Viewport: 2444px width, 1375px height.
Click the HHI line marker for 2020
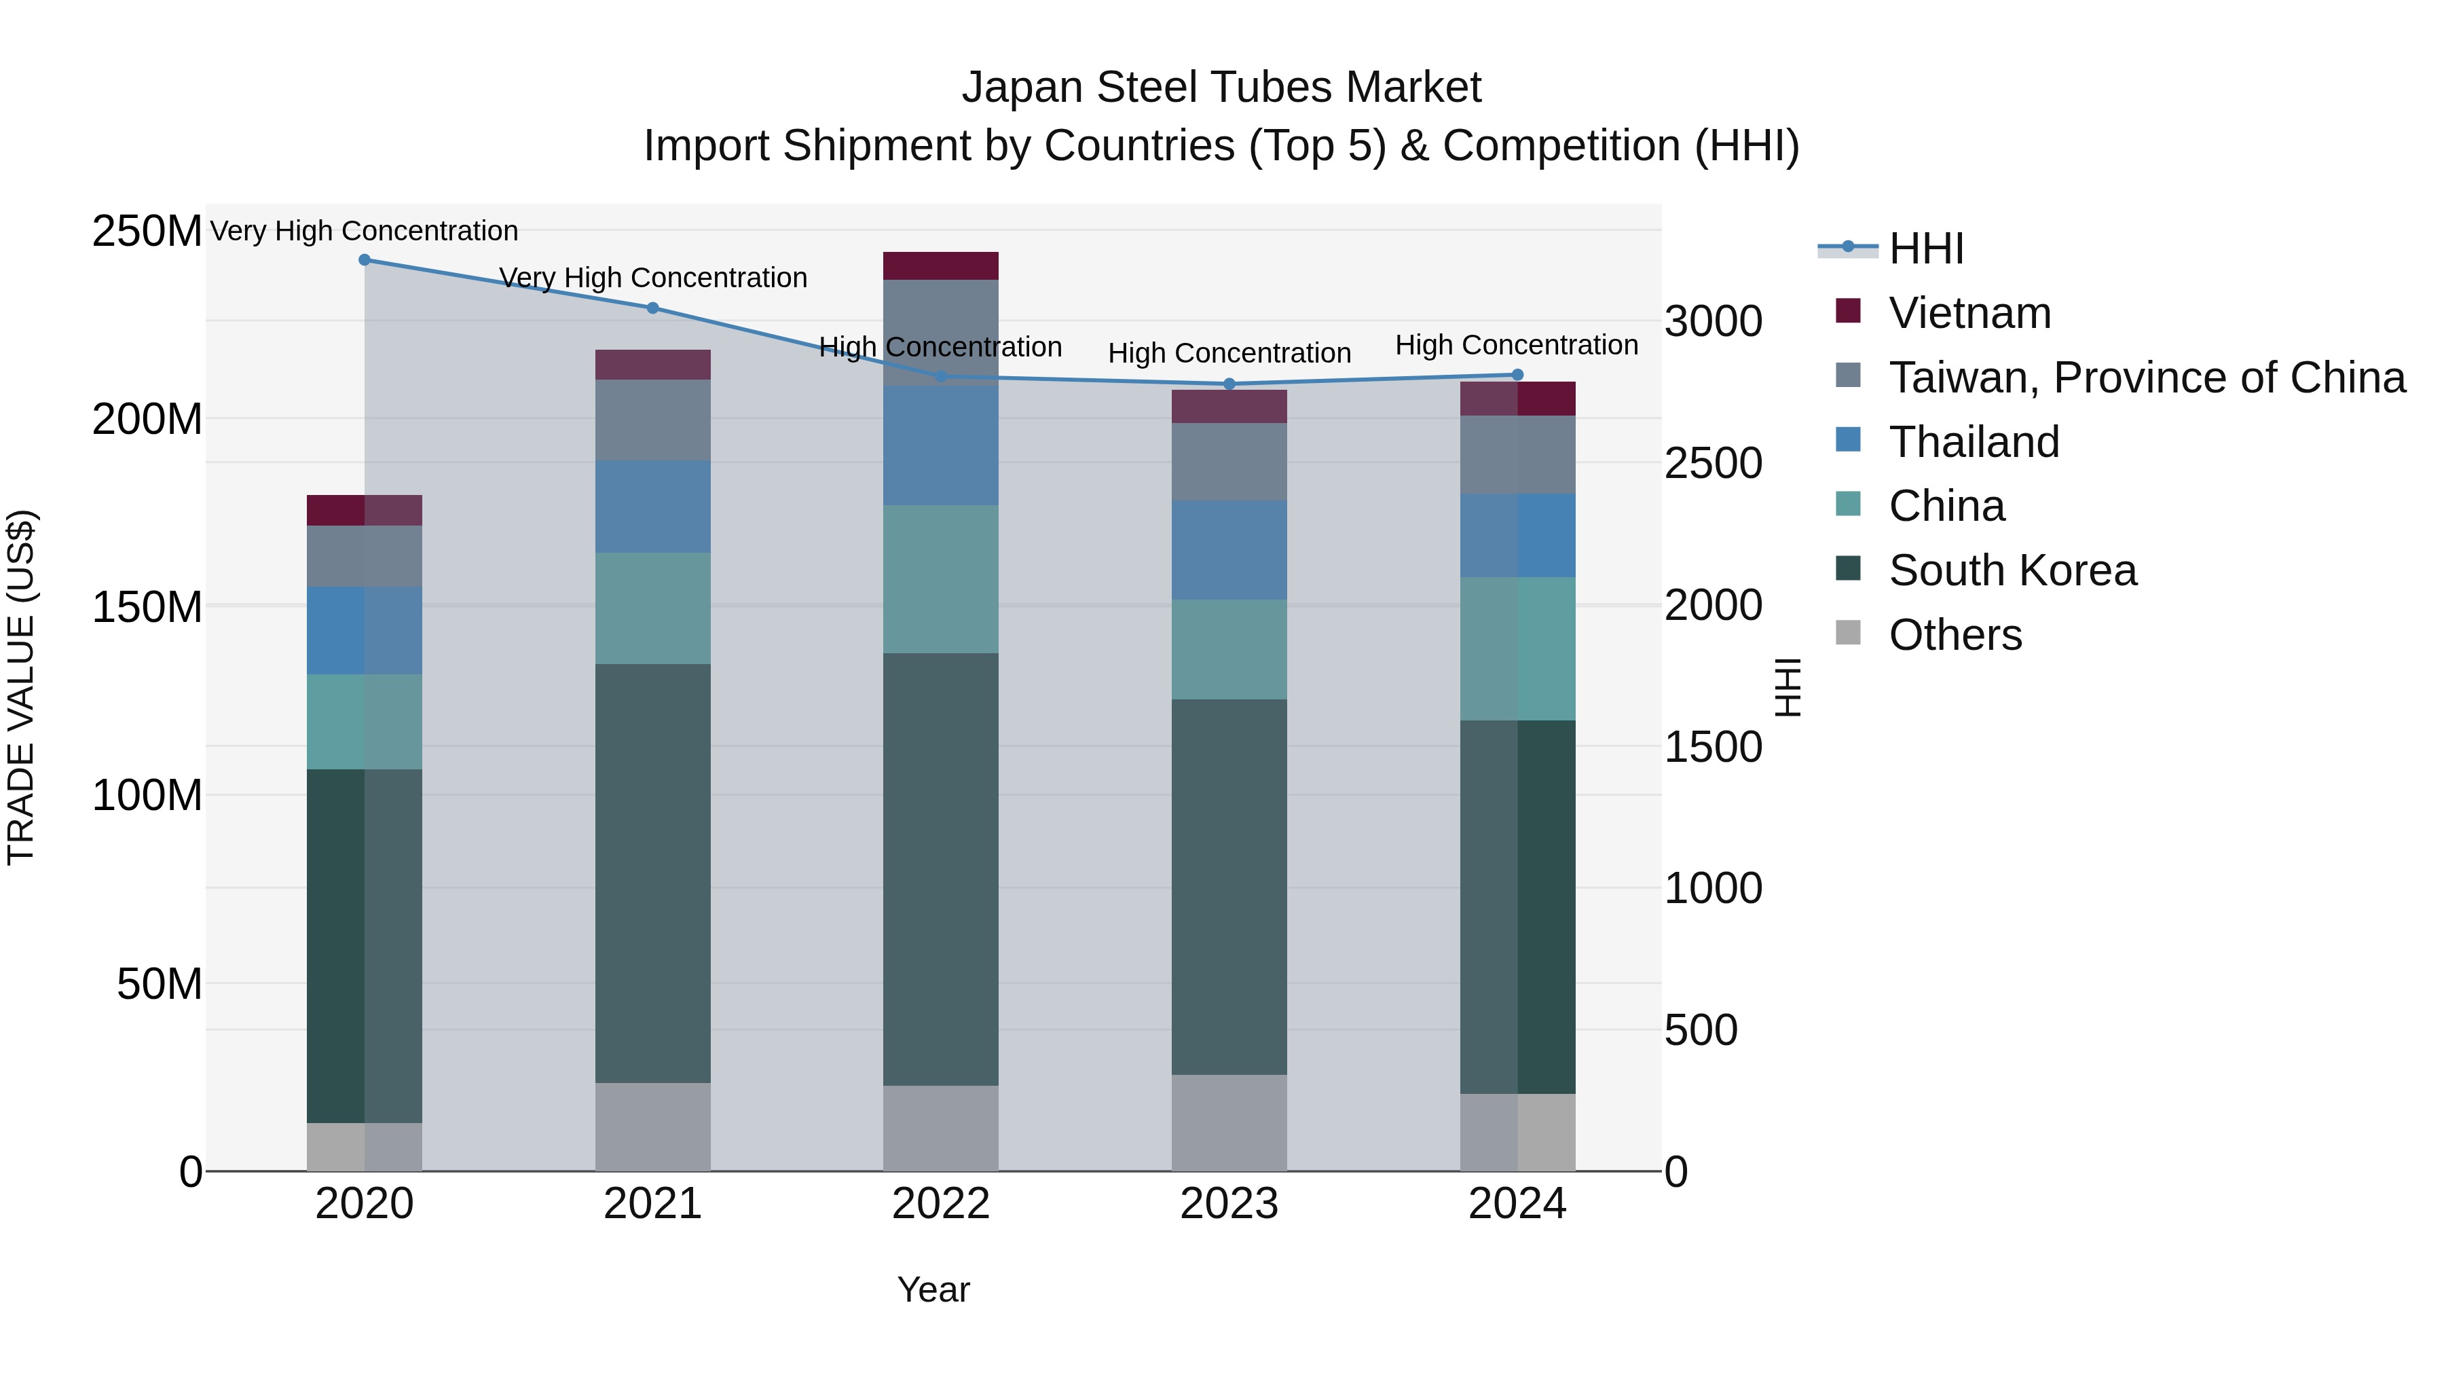[365, 260]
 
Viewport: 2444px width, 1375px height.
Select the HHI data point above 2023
[1229, 384]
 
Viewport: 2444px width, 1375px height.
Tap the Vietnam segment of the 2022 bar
[940, 265]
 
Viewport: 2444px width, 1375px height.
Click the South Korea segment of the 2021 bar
[652, 873]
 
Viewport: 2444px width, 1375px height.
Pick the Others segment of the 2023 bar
[1229, 1122]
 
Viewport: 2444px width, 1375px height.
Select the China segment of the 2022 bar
[940, 579]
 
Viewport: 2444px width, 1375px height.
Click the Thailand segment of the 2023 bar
[1229, 551]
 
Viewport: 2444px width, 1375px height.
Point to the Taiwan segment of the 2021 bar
[652, 420]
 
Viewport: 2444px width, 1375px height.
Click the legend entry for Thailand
[1974, 442]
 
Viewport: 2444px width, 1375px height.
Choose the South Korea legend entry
[2012, 570]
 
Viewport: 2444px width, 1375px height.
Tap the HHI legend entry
[1926, 249]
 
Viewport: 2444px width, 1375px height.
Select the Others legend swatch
[1848, 633]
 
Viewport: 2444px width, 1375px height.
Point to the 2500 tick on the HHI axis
[1714, 463]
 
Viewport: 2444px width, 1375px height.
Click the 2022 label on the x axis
[940, 1204]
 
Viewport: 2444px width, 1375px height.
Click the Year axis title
[933, 1289]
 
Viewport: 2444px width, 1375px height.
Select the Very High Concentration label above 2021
[652, 278]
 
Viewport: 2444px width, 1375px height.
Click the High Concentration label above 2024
[1516, 346]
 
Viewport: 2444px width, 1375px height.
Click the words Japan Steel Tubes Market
[1221, 88]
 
